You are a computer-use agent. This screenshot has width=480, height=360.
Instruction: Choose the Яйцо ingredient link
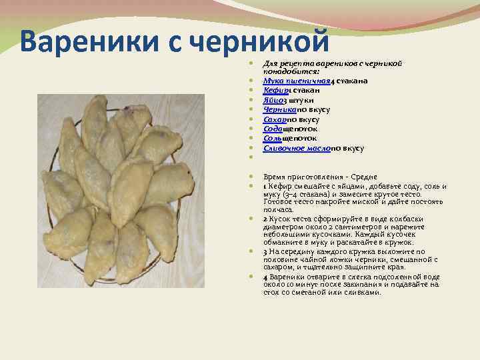click(273, 100)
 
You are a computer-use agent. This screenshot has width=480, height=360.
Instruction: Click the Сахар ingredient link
click(275, 119)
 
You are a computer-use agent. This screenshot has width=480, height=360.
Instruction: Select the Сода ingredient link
click(274, 129)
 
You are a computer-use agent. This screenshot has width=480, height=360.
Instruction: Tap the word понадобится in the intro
click(290, 70)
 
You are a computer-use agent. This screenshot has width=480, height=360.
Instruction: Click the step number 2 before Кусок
click(265, 218)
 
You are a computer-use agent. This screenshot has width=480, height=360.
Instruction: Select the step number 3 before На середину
click(265, 251)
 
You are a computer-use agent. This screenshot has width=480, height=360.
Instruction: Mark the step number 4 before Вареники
click(265, 275)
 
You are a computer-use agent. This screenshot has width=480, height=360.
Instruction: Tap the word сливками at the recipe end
click(363, 292)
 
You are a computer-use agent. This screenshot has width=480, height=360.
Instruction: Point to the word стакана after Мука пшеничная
click(354, 81)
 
